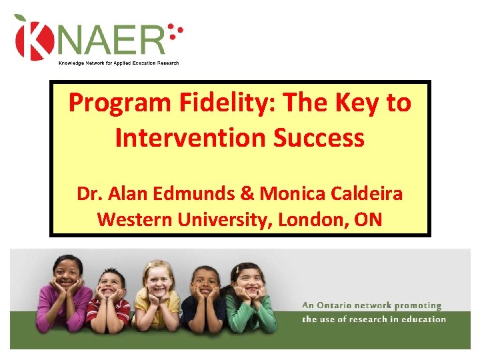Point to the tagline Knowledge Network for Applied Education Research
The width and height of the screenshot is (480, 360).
point(119,63)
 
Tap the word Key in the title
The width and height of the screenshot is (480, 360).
point(354,103)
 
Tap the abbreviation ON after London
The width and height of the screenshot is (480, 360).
point(368,219)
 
